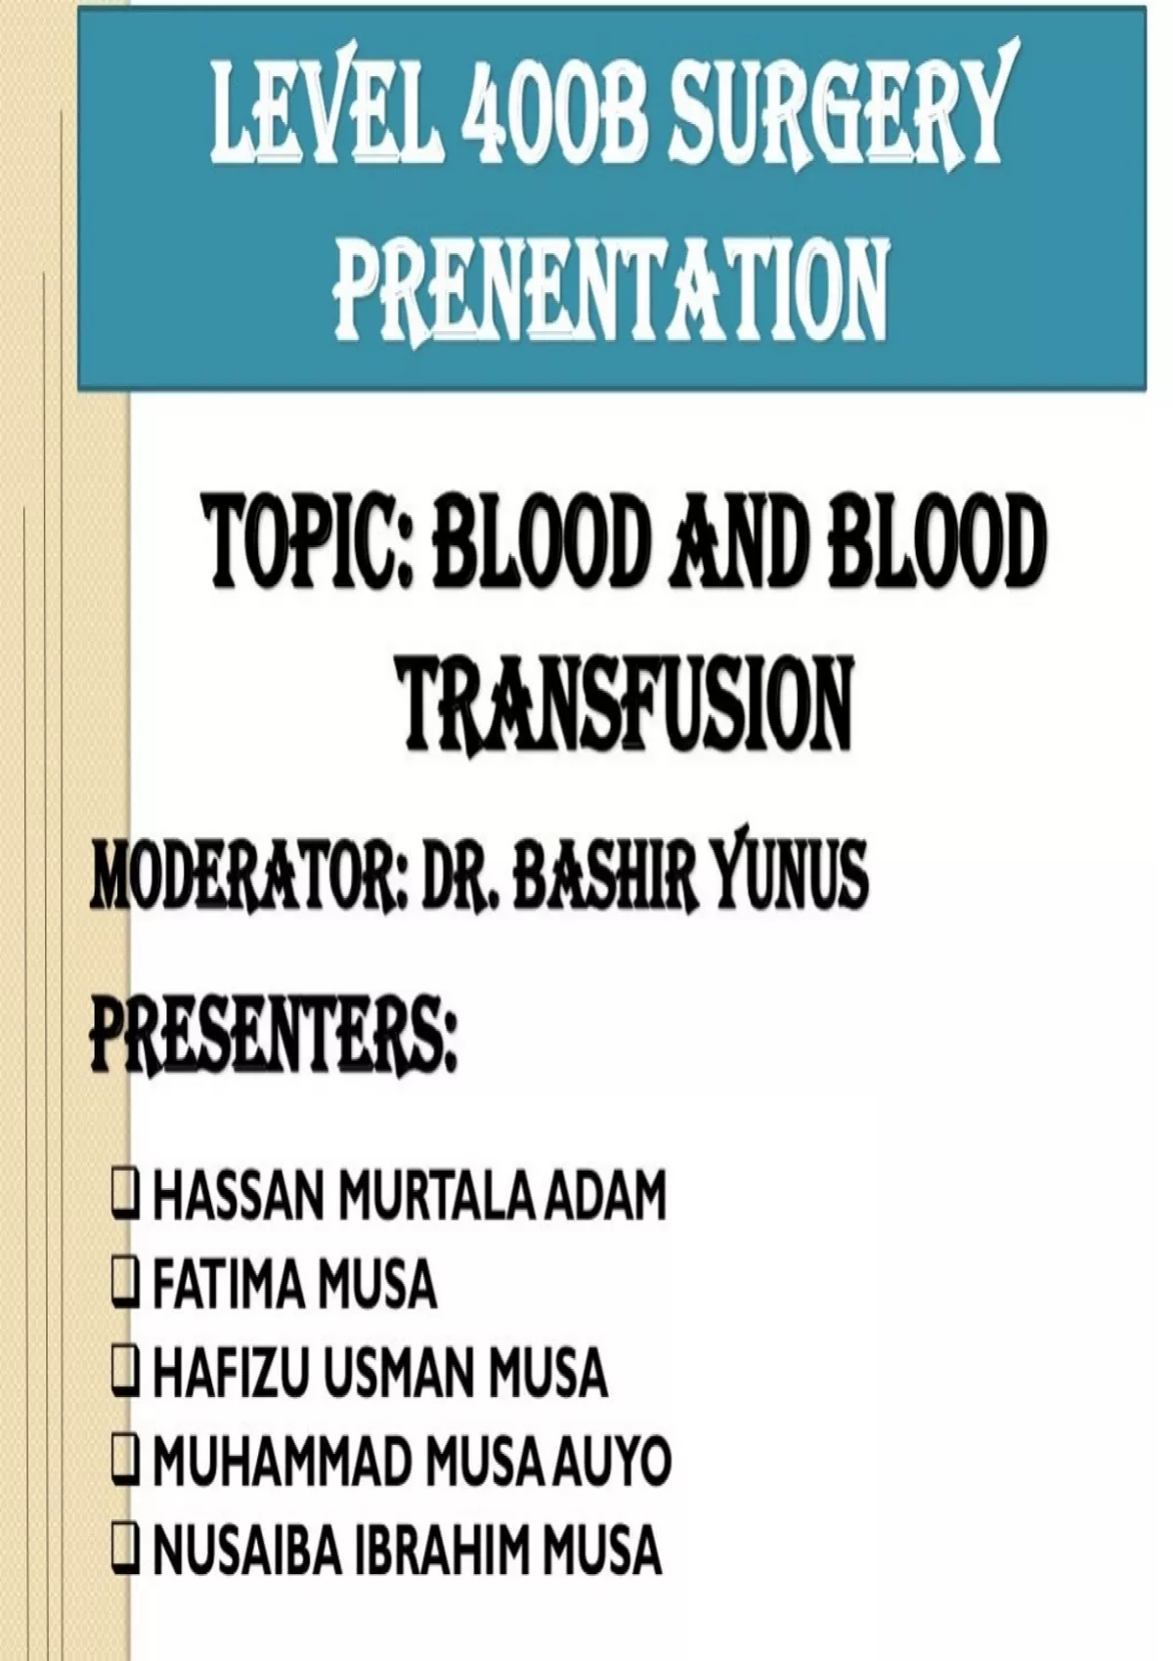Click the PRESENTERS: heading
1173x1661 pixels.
[272, 1035]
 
